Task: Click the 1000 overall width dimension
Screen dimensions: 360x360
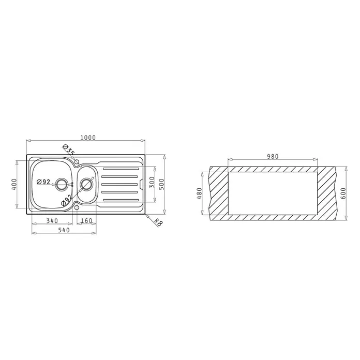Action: [88, 138]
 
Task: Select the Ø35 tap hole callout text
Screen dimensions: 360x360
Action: [69, 150]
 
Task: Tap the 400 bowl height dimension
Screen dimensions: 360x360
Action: [14, 184]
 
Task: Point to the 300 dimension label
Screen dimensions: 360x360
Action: [152, 182]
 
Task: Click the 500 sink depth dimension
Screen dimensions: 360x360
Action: [162, 184]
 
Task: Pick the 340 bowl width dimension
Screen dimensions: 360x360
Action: [52, 221]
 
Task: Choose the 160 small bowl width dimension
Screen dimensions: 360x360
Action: [86, 221]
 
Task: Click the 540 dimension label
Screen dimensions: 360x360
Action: [64, 230]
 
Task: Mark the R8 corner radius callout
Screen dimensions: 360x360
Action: [158, 222]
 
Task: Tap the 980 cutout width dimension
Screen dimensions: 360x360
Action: [273, 157]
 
